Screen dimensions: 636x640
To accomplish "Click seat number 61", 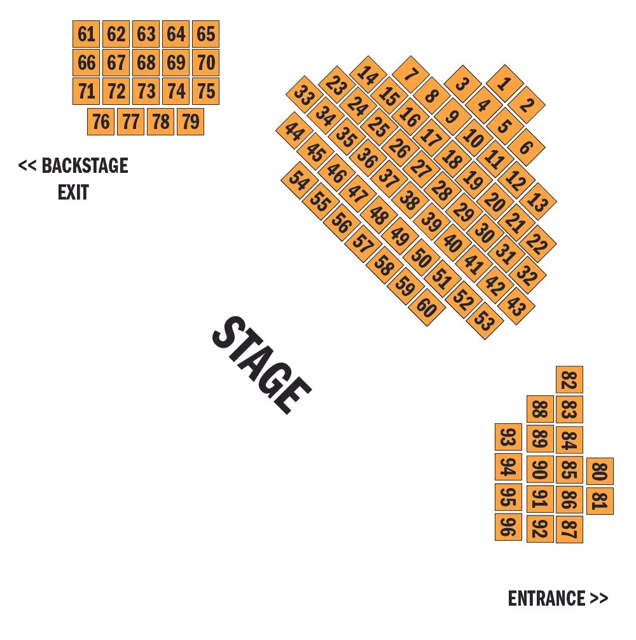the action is tap(86, 34).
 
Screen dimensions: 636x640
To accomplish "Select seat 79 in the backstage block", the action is tap(190, 121).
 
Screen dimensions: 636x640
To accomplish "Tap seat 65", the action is tap(205, 34).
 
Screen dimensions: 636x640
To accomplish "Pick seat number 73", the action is tap(146, 92).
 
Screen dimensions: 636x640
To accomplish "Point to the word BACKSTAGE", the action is tap(85, 166).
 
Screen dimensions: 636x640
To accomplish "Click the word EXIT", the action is tap(73, 192).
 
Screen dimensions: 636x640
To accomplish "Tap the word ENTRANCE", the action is tap(546, 598).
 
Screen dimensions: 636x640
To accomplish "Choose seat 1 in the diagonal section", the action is tap(504, 83).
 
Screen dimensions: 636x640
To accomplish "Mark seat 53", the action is tap(484, 321).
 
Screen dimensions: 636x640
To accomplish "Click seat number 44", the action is tap(294, 132).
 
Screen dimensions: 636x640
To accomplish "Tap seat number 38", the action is tap(410, 200).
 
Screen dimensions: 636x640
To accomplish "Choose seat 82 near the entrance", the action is tap(569, 380).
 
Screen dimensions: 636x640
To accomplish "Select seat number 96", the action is tap(508, 528).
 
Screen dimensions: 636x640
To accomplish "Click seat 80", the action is tap(600, 472).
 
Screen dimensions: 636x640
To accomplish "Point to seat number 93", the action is tap(508, 437).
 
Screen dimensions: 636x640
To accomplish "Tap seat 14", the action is tap(367, 75).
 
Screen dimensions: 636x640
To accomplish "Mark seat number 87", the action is tap(569, 529).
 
